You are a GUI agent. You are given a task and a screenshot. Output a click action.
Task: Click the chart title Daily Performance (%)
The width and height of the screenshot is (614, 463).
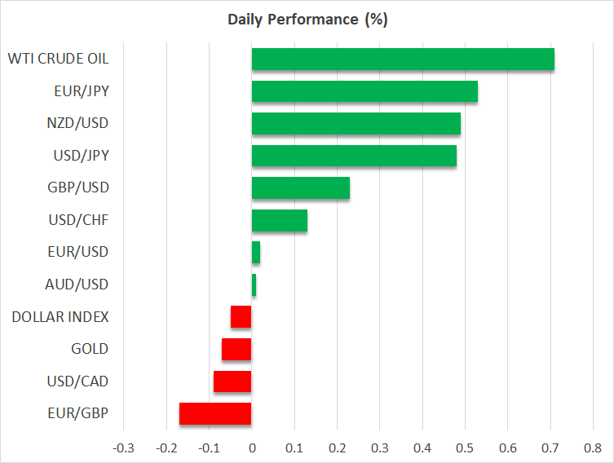click(x=306, y=19)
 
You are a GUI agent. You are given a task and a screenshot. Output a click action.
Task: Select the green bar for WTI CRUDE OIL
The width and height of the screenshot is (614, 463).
click(x=403, y=60)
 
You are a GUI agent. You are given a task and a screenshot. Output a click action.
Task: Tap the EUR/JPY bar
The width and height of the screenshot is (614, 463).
click(x=364, y=91)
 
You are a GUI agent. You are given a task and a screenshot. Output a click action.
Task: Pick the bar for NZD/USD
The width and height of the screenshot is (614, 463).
click(x=356, y=124)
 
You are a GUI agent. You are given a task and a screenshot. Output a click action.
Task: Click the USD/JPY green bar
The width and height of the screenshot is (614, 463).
click(x=354, y=156)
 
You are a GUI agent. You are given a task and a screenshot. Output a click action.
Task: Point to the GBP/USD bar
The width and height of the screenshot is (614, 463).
click(x=301, y=187)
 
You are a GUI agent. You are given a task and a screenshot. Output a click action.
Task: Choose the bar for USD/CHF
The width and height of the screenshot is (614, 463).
click(x=280, y=220)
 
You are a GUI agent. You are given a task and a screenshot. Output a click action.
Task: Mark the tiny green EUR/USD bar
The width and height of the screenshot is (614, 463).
click(x=256, y=253)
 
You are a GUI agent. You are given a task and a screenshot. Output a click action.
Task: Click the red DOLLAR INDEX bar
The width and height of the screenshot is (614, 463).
click(x=241, y=316)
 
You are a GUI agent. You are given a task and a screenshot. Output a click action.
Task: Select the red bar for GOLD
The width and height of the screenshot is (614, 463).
click(x=236, y=349)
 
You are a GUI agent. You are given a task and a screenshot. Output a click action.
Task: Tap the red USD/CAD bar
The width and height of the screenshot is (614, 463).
click(x=232, y=381)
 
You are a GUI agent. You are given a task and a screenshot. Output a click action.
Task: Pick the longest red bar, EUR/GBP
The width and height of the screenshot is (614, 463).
click(x=215, y=413)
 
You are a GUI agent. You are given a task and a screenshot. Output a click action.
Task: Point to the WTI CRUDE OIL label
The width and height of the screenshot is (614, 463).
click(x=58, y=60)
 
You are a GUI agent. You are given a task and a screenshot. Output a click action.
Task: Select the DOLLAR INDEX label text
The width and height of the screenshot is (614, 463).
click(x=60, y=316)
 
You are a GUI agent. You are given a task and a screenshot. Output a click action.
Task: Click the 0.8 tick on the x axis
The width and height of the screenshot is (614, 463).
click(x=593, y=447)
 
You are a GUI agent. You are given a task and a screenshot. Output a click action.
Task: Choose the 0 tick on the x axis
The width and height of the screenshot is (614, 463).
click(x=252, y=447)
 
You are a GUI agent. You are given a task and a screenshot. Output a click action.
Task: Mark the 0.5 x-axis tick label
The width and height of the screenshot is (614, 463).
click(x=465, y=447)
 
